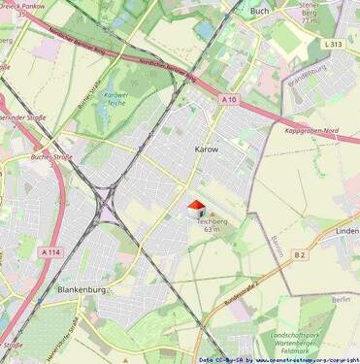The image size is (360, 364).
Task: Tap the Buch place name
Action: [x=260, y=11]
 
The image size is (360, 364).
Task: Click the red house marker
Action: [x=195, y=208]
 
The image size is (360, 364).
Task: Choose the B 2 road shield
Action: [x=300, y=254]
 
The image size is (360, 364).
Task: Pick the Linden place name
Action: [x=346, y=231]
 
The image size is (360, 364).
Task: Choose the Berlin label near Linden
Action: [x=340, y=300]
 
